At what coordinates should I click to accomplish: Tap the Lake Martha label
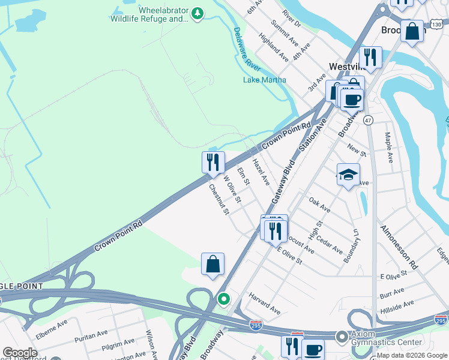tap(264, 80)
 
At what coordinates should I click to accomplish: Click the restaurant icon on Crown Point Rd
tap(212, 163)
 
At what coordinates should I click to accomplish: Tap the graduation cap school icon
tap(348, 175)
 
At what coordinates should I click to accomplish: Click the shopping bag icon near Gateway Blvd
tap(212, 264)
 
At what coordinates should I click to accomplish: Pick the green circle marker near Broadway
tap(224, 298)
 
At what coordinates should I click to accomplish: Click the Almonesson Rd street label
tap(398, 247)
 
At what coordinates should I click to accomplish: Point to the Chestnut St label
tap(219, 199)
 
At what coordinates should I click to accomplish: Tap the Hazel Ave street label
tap(260, 171)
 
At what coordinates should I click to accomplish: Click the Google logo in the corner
tap(20, 353)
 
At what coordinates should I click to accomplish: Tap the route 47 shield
tap(368, 121)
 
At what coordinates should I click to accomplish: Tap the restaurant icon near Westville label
tap(370, 58)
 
